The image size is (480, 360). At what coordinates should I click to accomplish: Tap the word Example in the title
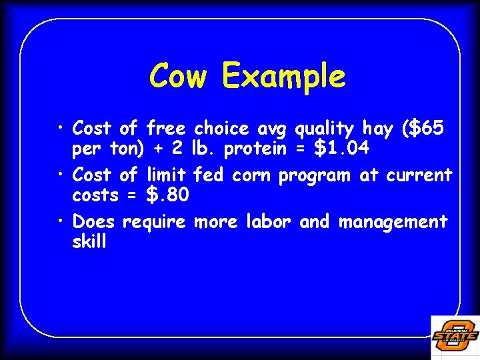tap(284, 77)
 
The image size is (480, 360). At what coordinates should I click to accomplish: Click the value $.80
tap(167, 196)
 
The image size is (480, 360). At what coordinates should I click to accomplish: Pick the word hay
tap(377, 129)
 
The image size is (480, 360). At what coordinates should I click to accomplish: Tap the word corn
tap(253, 175)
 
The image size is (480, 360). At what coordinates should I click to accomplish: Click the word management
tap(393, 222)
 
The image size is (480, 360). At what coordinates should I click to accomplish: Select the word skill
tap(89, 241)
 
